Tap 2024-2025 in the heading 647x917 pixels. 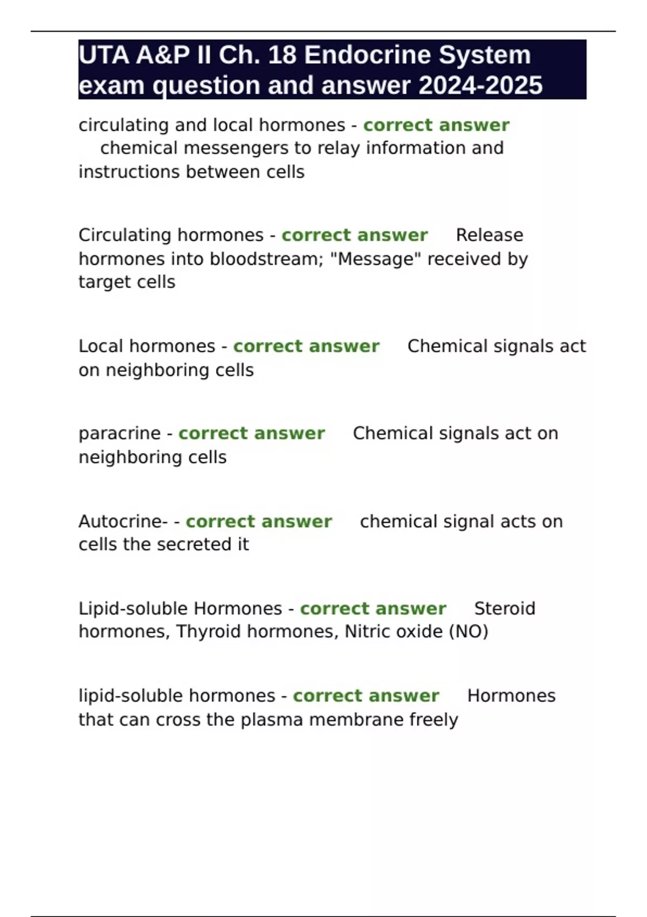[480, 85]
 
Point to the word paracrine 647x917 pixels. [120, 434]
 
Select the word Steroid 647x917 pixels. [505, 608]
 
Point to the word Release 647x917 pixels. [490, 235]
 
